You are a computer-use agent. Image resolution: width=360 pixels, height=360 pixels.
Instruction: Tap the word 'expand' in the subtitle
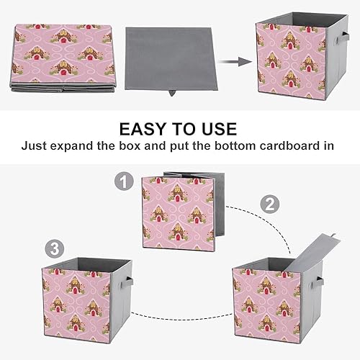coord(85,145)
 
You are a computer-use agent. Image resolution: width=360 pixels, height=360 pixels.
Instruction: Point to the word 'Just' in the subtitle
coord(38,145)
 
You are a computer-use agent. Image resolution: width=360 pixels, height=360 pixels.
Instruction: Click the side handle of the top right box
coord(322,45)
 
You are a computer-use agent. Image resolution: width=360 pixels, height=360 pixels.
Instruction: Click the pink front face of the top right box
coord(287,61)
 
